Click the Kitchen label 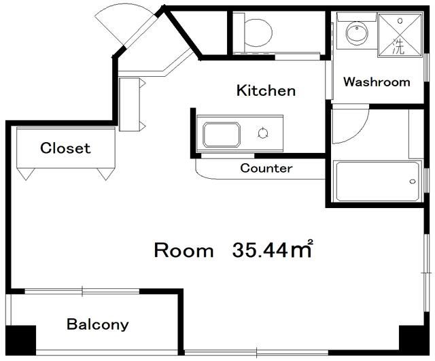tap(266, 90)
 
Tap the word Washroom tap(377, 82)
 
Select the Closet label tap(65, 148)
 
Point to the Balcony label tap(98, 324)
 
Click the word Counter tap(266, 168)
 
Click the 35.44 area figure tap(260, 250)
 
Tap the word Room tap(184, 250)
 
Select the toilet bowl tap(258, 33)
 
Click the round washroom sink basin tap(357, 33)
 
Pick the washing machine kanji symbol tap(398, 46)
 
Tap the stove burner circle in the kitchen tap(263, 133)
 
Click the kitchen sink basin tap(222, 135)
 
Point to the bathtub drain tap(413, 182)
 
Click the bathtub tap(377, 182)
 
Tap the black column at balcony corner tap(21, 341)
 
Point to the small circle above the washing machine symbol tap(400, 20)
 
